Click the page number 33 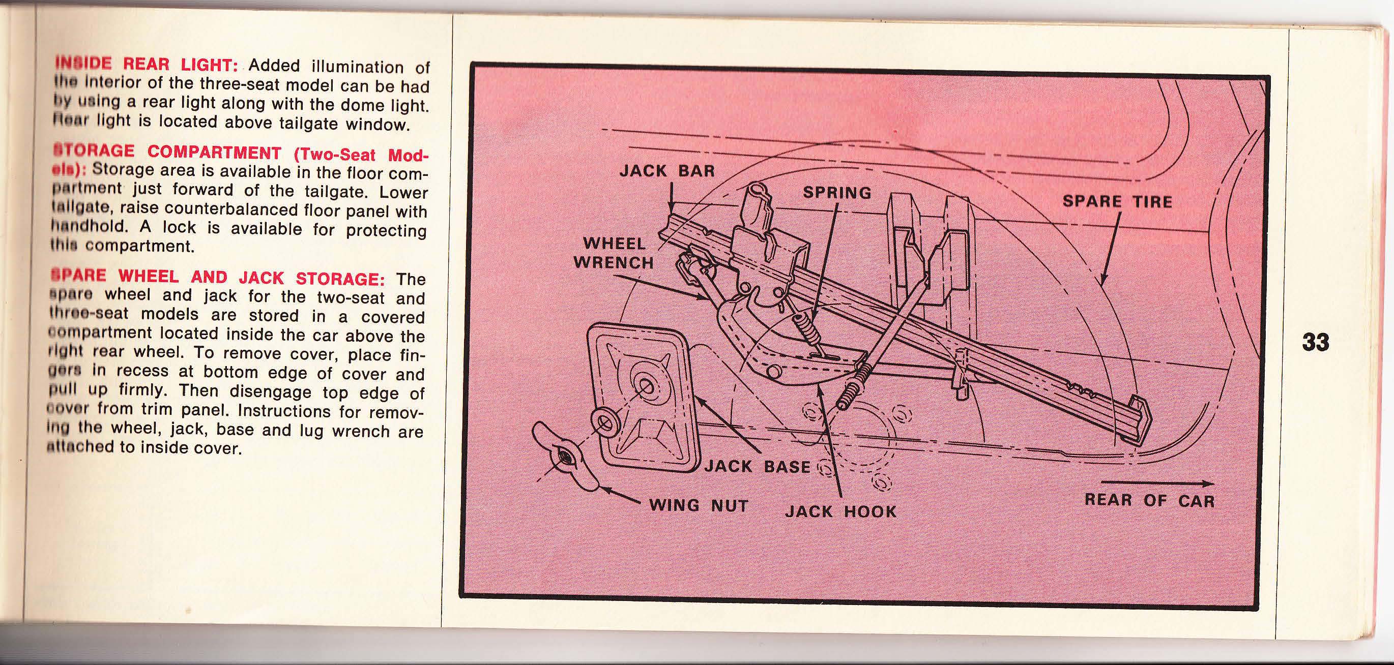[1316, 342]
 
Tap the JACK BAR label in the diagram [666, 171]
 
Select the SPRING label [836, 193]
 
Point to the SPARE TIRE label [1117, 202]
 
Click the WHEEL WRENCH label [613, 253]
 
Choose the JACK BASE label [757, 467]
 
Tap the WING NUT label [698, 506]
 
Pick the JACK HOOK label [840, 511]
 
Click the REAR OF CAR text [1149, 501]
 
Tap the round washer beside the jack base [604, 422]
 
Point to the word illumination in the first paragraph [357, 68]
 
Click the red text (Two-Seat [334, 154]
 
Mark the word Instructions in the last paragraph [284, 411]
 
